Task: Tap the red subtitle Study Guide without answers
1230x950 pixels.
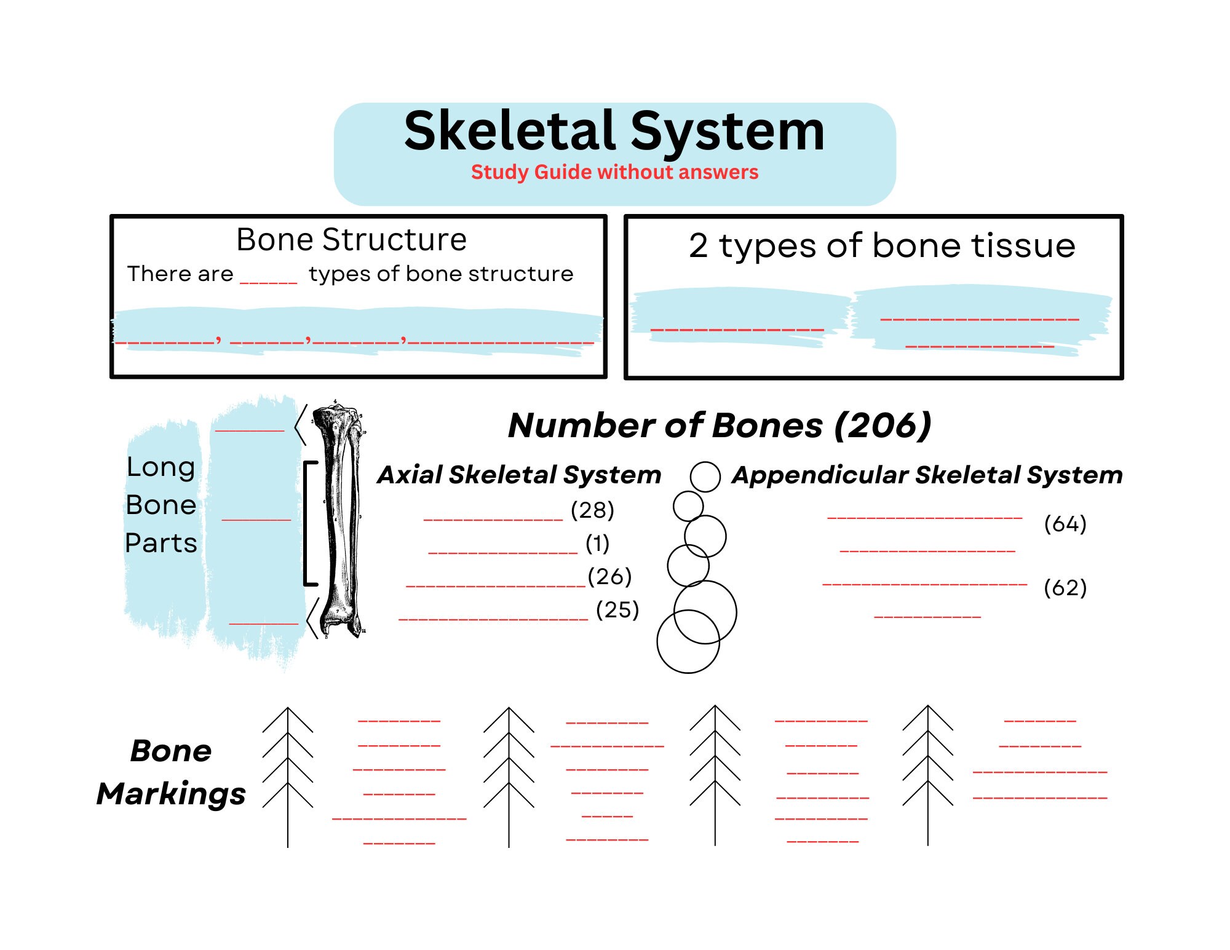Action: click(x=614, y=172)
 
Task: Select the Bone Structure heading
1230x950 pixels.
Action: click(x=351, y=240)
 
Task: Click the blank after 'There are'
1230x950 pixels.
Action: click(x=269, y=280)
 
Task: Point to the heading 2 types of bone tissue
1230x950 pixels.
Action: click(x=882, y=246)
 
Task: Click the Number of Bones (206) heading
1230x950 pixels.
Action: click(x=720, y=426)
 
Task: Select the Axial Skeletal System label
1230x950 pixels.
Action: click(x=520, y=475)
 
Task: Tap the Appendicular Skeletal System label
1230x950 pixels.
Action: click(x=927, y=475)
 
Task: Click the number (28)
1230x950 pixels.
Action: click(x=592, y=510)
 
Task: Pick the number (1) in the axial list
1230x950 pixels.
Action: click(x=597, y=544)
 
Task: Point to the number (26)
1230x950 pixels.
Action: click(x=609, y=577)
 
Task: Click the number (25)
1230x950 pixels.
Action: click(x=617, y=610)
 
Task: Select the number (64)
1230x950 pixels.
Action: click(x=1065, y=524)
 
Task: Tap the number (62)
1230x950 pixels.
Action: click(x=1065, y=588)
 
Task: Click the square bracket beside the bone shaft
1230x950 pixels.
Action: click(x=309, y=523)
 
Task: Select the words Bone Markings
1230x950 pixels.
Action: click(x=171, y=772)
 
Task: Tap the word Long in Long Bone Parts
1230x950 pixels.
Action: click(x=161, y=467)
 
